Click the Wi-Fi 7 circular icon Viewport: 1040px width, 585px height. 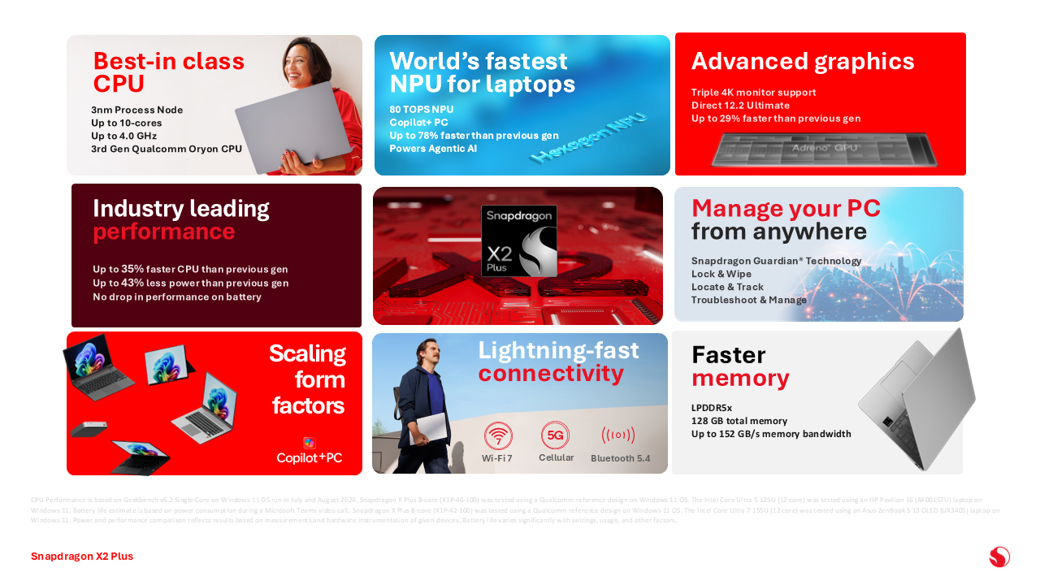pyautogui.click(x=498, y=436)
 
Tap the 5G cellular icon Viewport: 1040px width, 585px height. pyautogui.click(x=555, y=435)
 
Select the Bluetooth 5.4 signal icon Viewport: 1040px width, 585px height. pyautogui.click(x=618, y=435)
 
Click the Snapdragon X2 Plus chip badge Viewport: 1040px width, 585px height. pyautogui.click(x=518, y=240)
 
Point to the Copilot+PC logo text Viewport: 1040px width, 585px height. pyautogui.click(x=309, y=458)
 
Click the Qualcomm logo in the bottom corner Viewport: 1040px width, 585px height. pyautogui.click(x=999, y=557)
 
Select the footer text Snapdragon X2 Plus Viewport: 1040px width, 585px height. pyautogui.click(x=82, y=557)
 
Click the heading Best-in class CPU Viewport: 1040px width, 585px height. pyautogui.click(x=168, y=72)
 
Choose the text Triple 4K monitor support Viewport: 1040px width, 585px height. pyautogui.click(x=753, y=93)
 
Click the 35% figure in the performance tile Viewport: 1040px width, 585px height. pyautogui.click(x=132, y=269)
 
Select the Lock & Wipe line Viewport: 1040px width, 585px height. pyautogui.click(x=721, y=275)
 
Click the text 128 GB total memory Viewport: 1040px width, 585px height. pyautogui.click(x=739, y=421)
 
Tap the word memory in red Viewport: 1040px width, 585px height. pyautogui.click(x=740, y=378)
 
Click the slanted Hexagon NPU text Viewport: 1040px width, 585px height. pyautogui.click(x=589, y=138)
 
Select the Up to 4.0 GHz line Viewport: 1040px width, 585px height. pyautogui.click(x=124, y=136)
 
